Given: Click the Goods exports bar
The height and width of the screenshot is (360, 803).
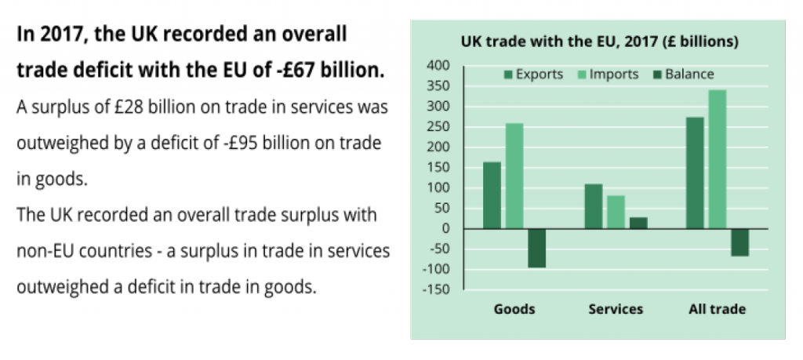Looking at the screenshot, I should [x=492, y=195].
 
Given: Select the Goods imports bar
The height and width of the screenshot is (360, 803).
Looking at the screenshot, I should [x=514, y=176].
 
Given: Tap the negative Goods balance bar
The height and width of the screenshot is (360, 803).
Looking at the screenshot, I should [x=536, y=248].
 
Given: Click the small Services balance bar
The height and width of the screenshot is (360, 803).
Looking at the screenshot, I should [x=638, y=223].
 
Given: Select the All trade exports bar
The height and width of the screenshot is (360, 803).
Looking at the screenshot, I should [x=695, y=173].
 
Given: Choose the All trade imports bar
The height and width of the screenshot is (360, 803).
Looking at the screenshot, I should [x=717, y=159].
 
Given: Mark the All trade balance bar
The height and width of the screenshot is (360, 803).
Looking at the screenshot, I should [x=739, y=242].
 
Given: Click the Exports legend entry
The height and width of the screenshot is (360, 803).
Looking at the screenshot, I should [x=533, y=75].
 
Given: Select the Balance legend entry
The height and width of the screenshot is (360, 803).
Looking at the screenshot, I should [x=682, y=75].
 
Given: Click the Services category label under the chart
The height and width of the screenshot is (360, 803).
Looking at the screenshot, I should [x=616, y=309].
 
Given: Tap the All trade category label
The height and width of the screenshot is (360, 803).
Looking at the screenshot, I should [x=717, y=309].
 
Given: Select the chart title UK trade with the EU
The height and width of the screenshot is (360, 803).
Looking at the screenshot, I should [x=599, y=41].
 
